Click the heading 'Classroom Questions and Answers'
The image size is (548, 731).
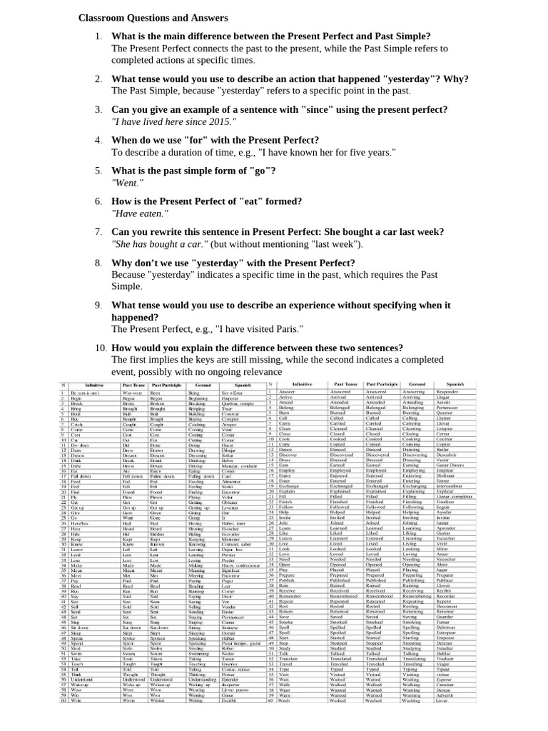click(153, 17)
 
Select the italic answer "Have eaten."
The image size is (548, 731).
click(140, 213)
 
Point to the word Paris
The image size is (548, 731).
click(287, 328)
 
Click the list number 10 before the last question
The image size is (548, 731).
click(100, 348)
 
